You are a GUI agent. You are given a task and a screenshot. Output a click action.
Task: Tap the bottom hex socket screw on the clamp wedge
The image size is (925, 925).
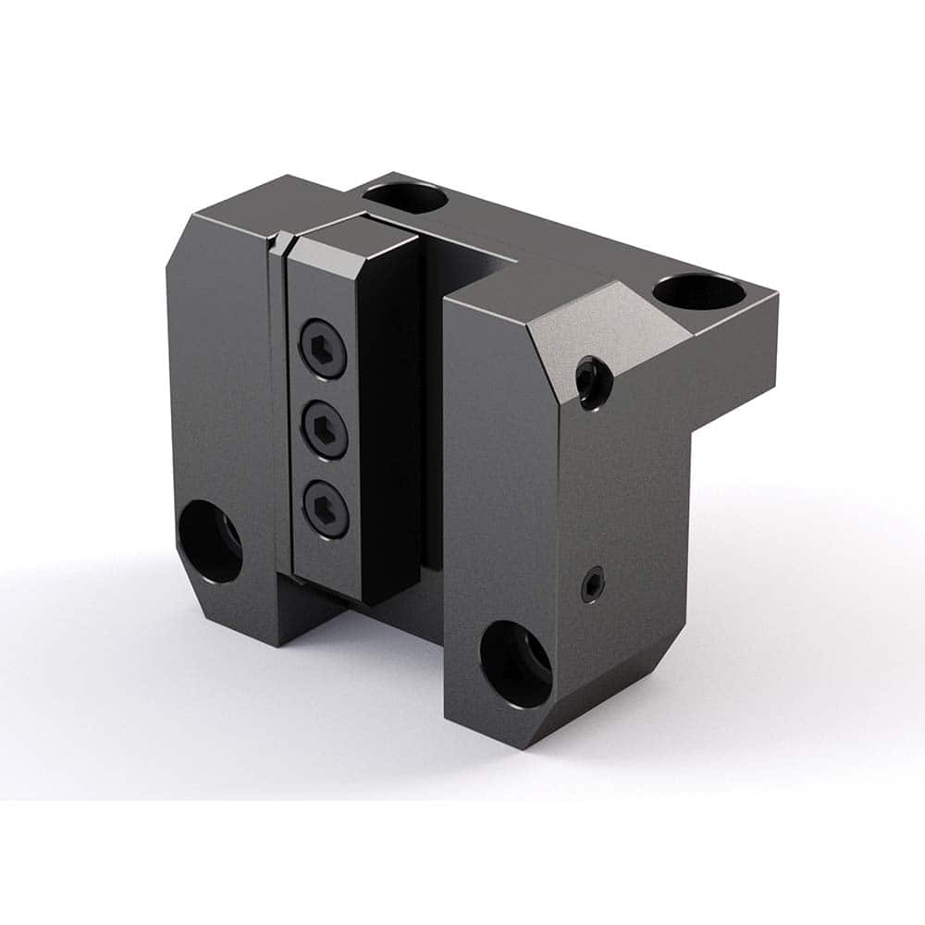(327, 506)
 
